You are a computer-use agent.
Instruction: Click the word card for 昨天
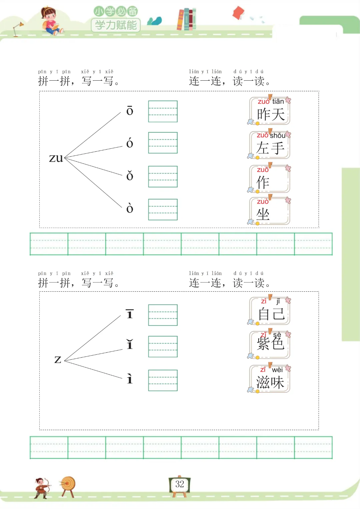click(x=270, y=111)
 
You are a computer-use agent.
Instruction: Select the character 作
click(x=263, y=182)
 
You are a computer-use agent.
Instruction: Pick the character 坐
click(x=263, y=214)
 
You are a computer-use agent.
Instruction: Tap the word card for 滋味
click(x=270, y=379)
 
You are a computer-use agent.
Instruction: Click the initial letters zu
click(x=56, y=158)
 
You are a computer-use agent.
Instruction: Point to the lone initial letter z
click(x=58, y=359)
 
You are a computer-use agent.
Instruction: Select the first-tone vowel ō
click(x=130, y=111)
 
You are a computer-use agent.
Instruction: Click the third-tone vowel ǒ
click(x=130, y=176)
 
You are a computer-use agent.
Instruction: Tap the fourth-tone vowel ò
click(x=130, y=208)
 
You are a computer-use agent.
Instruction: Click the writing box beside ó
click(x=163, y=143)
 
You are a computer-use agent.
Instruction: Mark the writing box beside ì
click(x=163, y=380)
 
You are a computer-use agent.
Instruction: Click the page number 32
click(x=180, y=484)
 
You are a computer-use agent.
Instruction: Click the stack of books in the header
click(x=186, y=19)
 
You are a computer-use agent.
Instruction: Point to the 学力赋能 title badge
click(x=116, y=25)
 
